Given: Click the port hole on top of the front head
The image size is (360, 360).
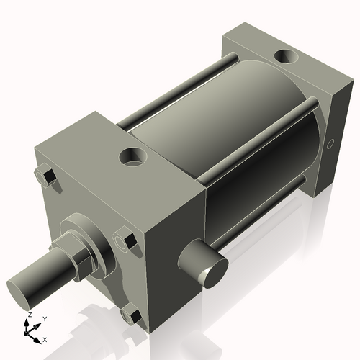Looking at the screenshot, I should point(132,155).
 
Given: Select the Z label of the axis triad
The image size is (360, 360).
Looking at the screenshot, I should point(29,315).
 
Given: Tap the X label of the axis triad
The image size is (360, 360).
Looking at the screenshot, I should point(45,338).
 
